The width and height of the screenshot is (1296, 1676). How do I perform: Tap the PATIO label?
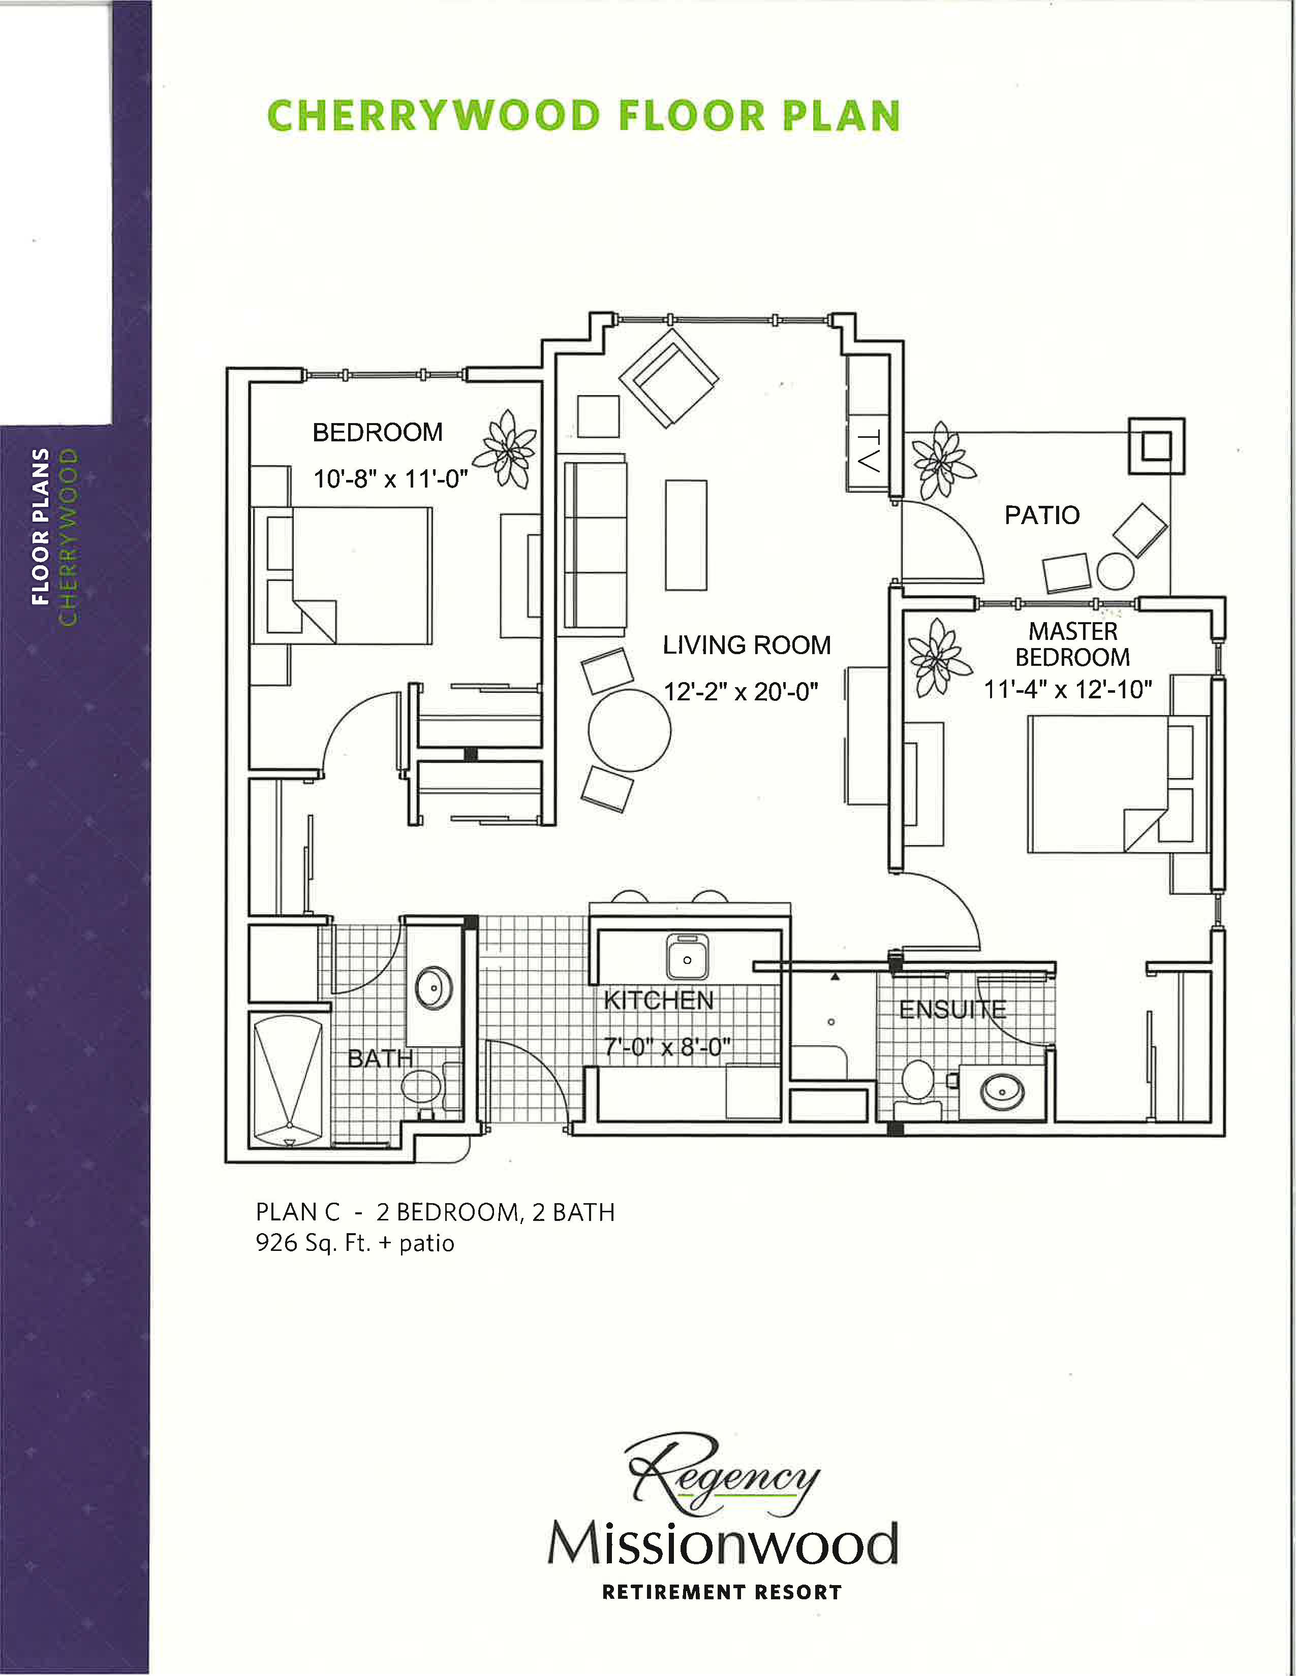1042,515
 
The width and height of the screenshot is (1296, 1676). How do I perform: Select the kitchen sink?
687,956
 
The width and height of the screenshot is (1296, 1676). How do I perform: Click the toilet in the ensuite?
918,1087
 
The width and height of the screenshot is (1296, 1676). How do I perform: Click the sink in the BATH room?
434,988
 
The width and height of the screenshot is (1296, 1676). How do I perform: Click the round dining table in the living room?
630,730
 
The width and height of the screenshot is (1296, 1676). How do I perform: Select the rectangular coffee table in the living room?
686,535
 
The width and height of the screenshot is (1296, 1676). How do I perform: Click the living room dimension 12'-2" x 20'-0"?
741,691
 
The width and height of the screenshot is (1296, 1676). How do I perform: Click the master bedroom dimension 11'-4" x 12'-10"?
1068,689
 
